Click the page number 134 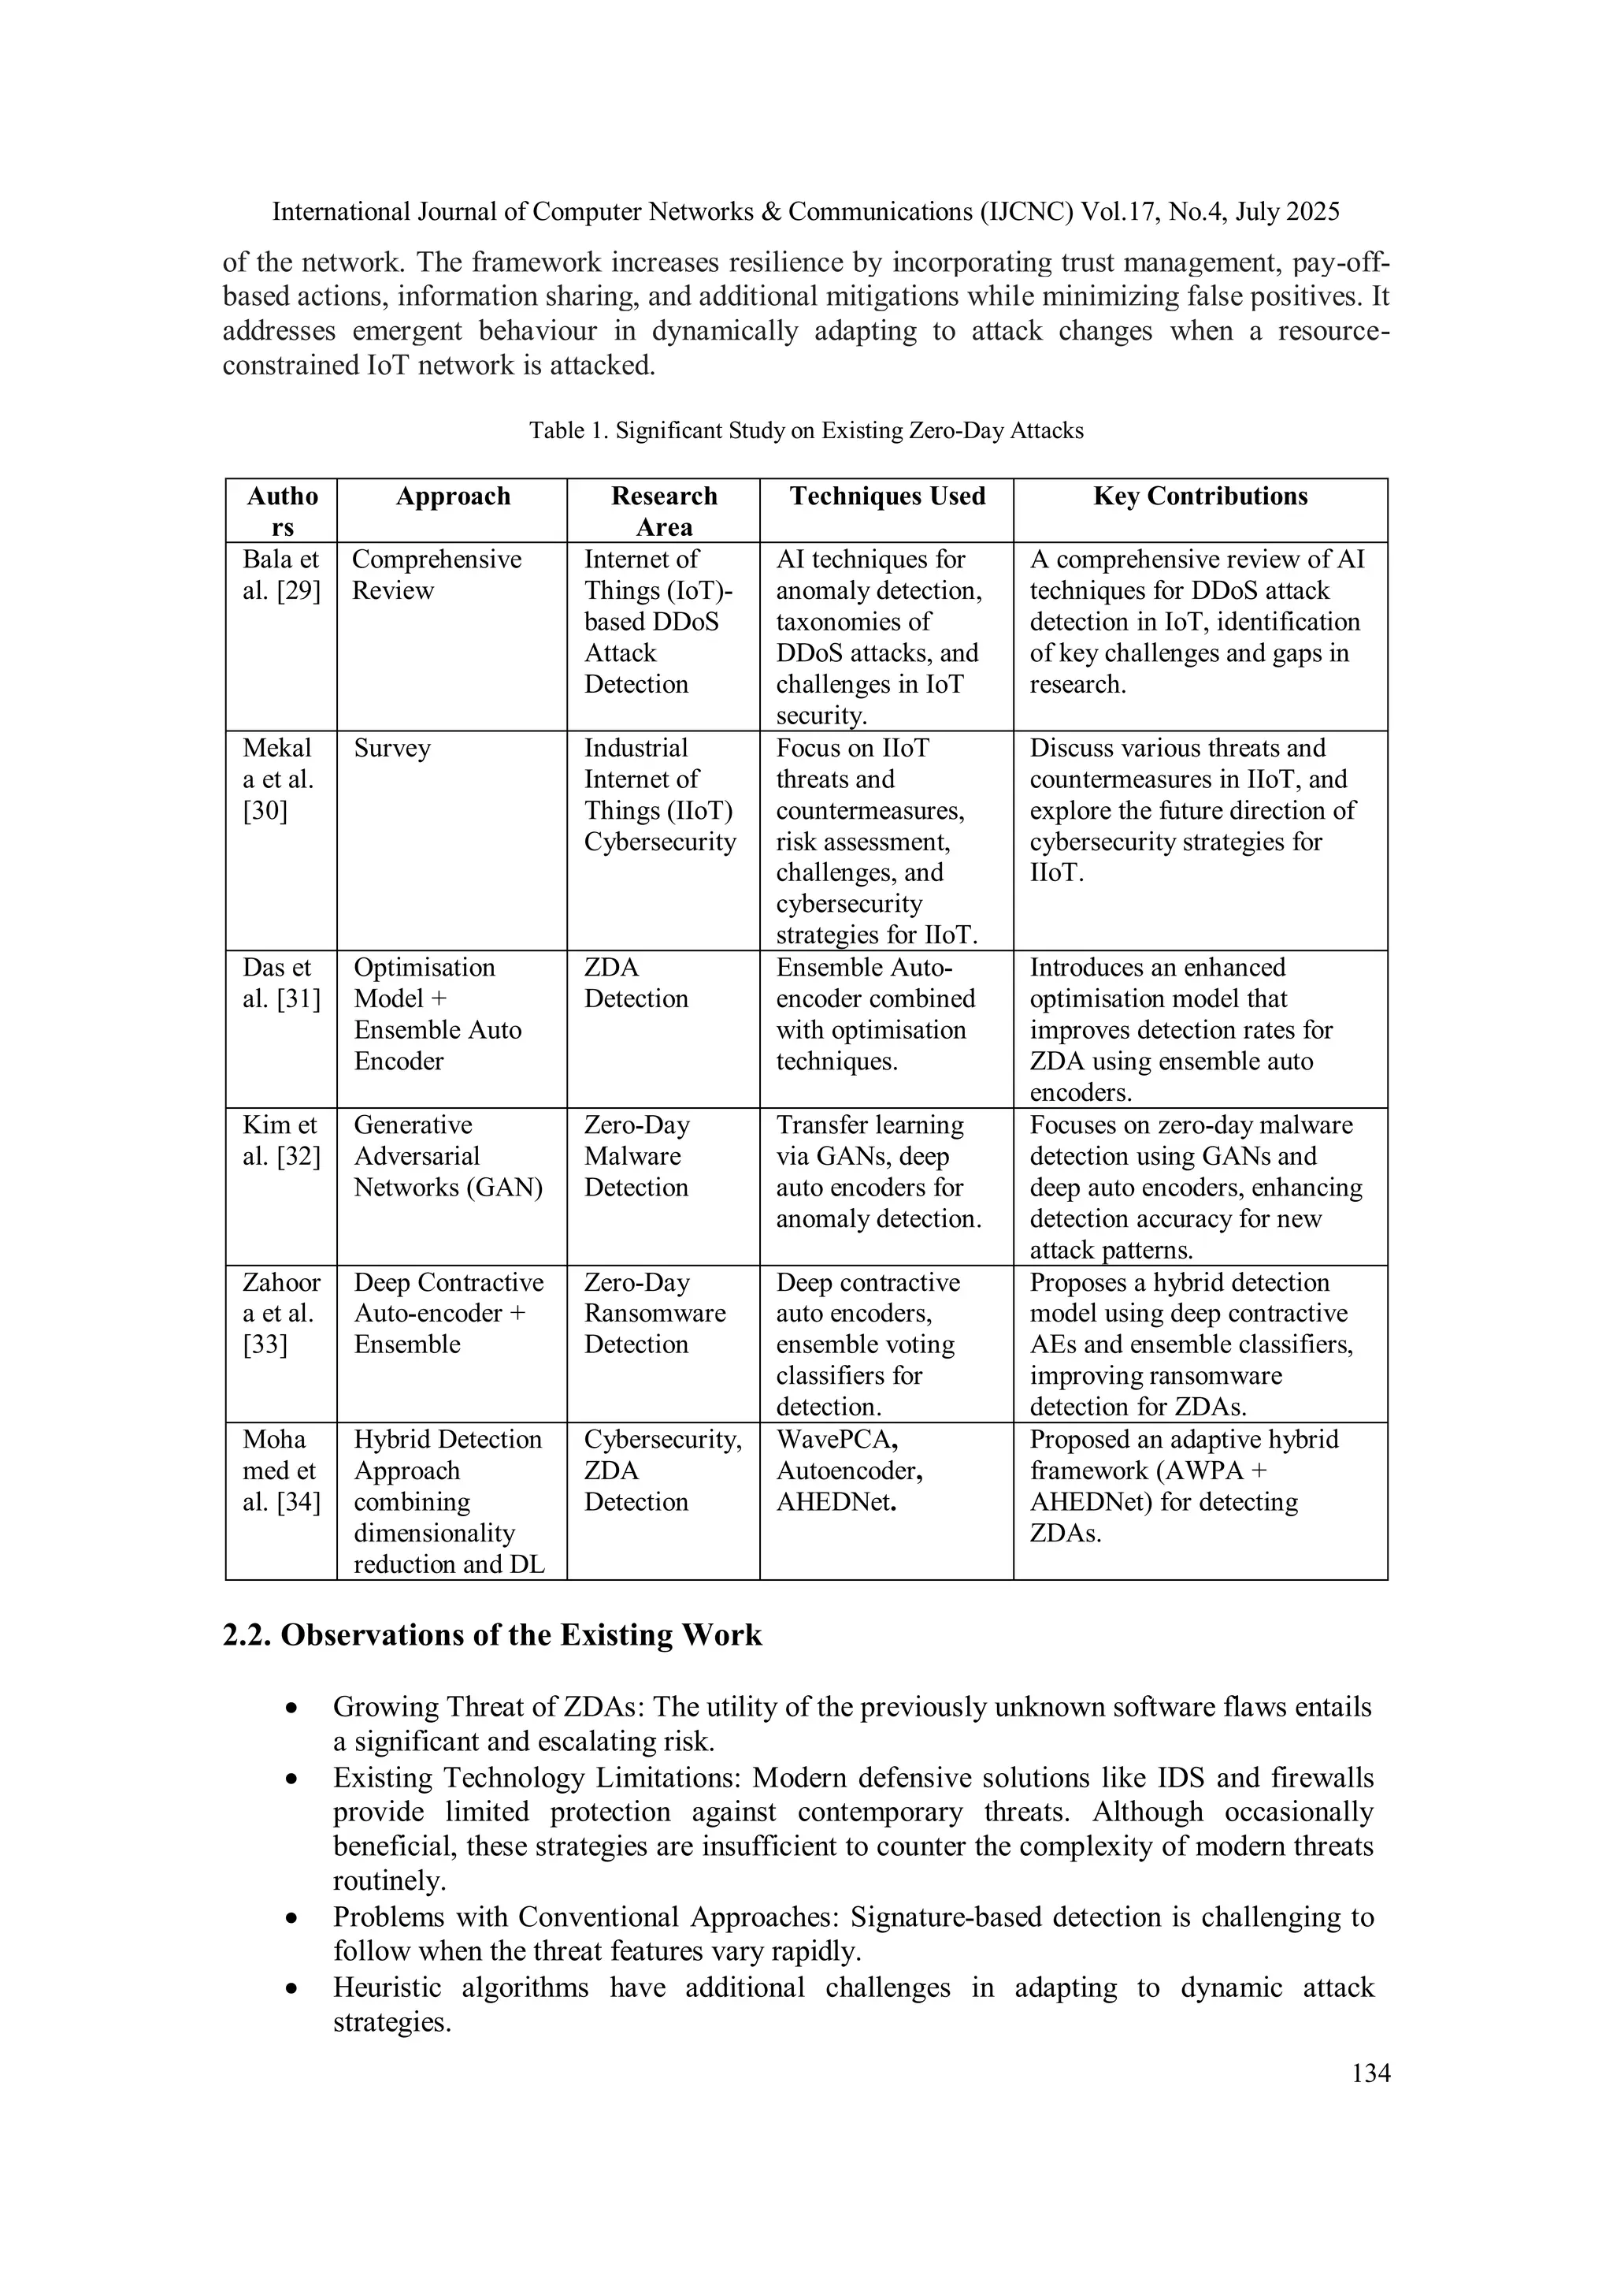1370,2073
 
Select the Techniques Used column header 887,496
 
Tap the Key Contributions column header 1200,496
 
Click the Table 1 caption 806,430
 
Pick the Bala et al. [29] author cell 281,574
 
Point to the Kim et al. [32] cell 281,1140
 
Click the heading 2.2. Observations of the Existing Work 492,1636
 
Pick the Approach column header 452,496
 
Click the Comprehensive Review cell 436,574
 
